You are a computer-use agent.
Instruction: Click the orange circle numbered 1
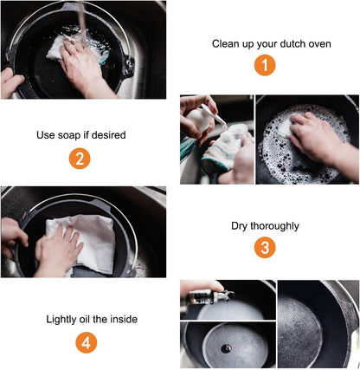(x=265, y=65)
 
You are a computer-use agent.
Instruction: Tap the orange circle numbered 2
(x=80, y=159)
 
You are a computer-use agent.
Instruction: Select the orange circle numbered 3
(x=265, y=248)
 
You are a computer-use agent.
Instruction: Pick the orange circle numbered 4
(x=87, y=342)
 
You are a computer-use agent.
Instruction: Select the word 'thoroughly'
(x=274, y=226)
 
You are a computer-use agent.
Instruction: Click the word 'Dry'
(x=239, y=226)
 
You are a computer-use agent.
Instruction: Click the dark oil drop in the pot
(x=226, y=348)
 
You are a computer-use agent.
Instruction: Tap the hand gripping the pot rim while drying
(x=13, y=237)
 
